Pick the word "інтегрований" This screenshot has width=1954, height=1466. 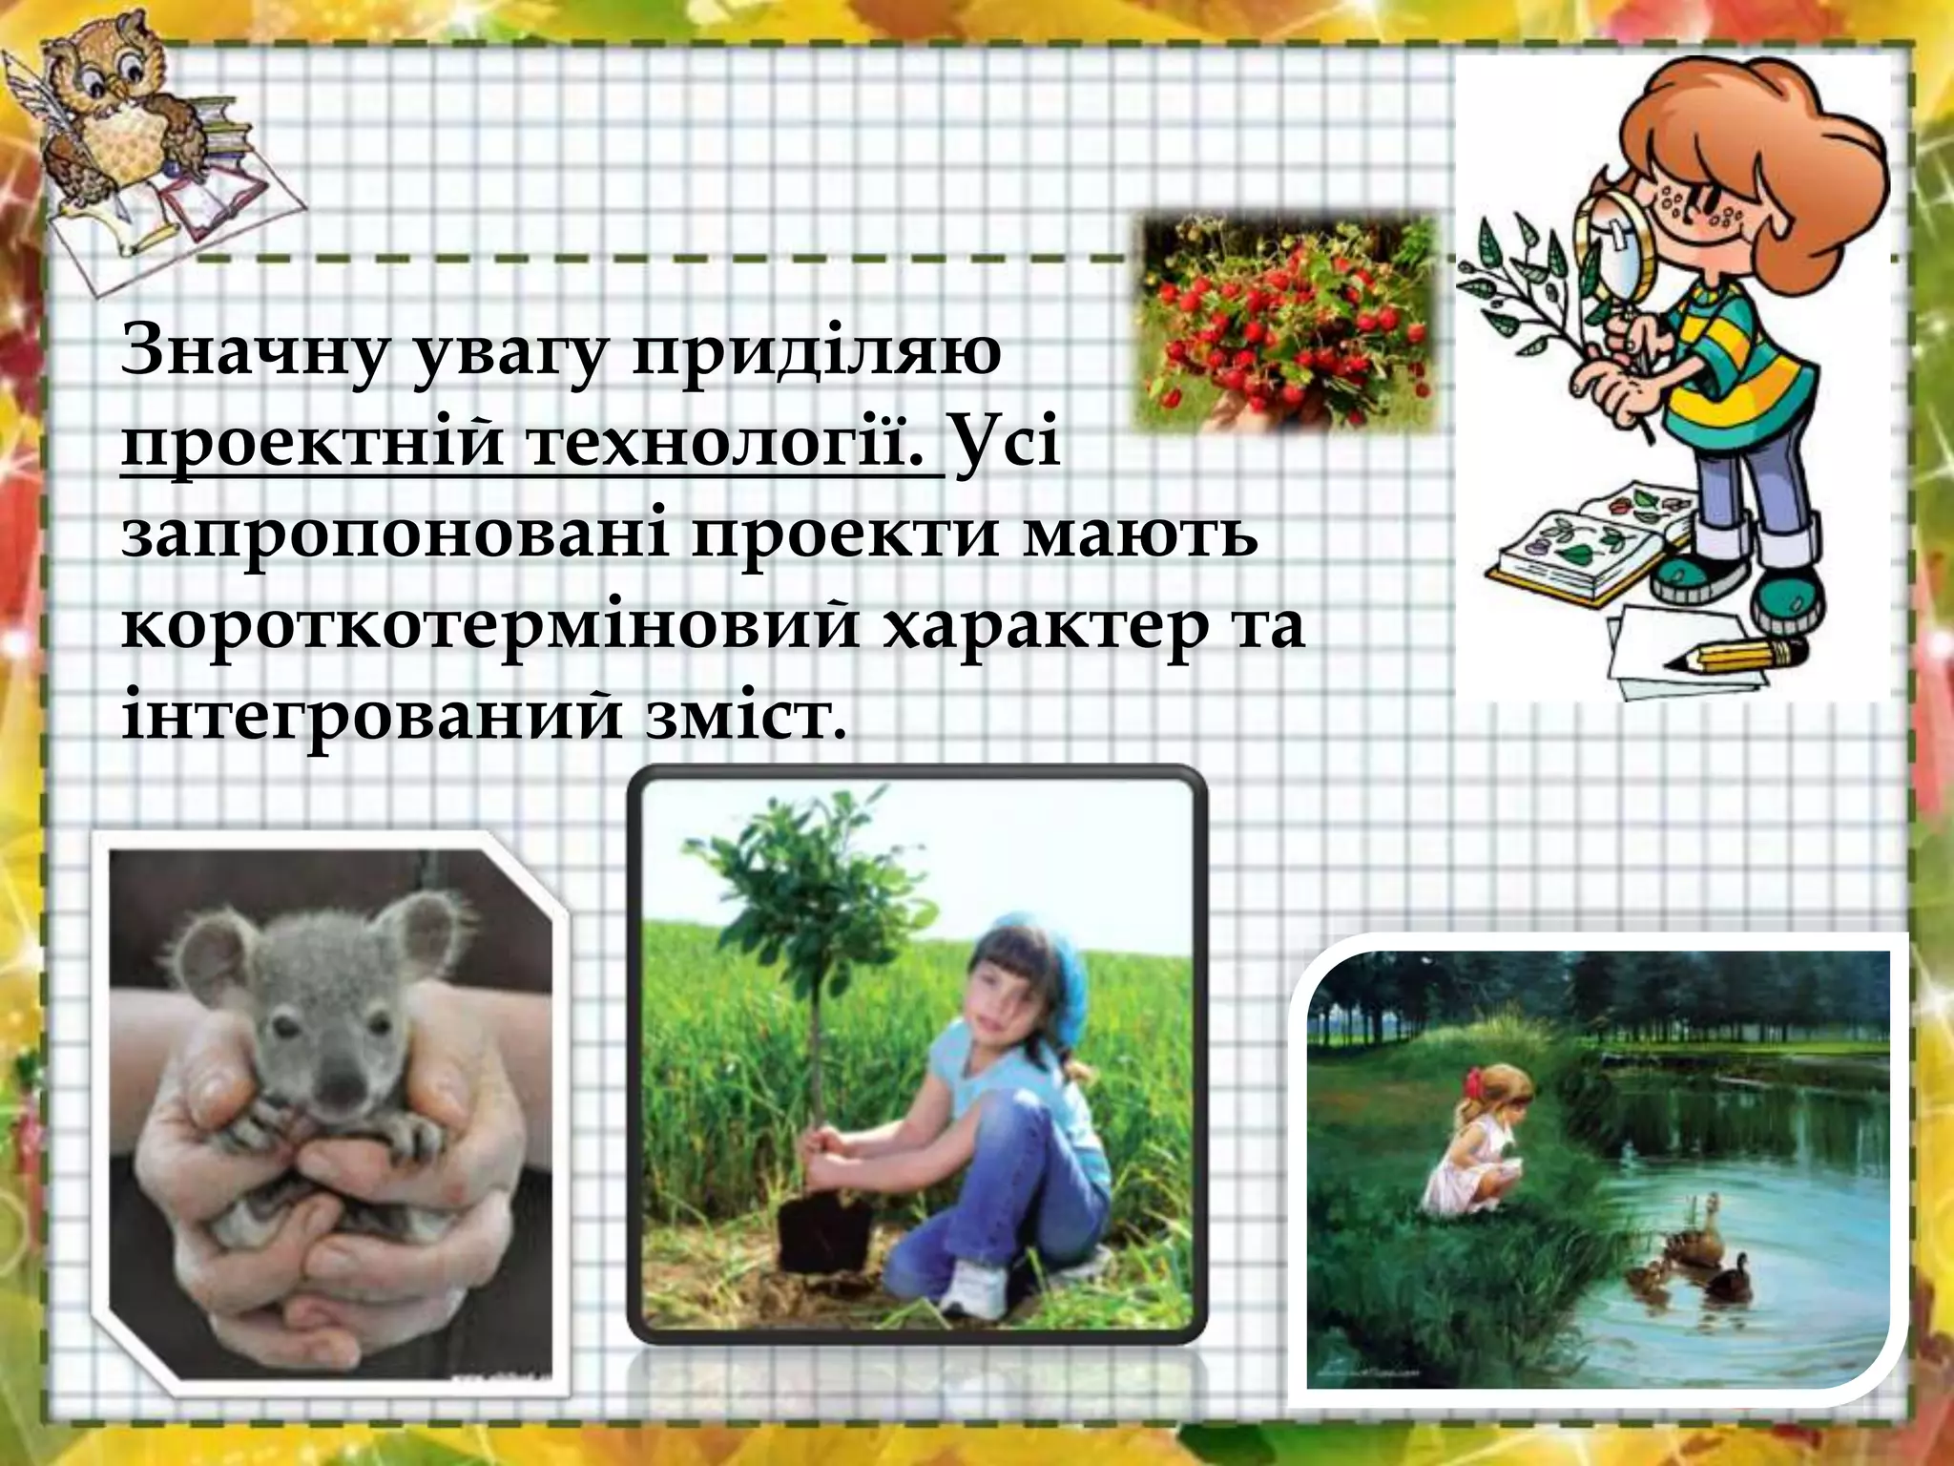[372, 718]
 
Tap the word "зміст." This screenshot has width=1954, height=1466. [746, 718]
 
